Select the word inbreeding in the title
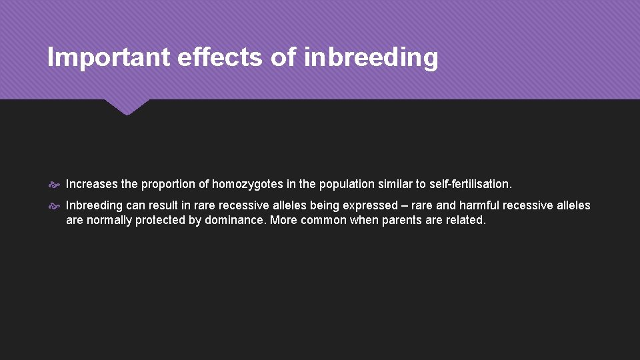click(x=371, y=58)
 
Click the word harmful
click(x=479, y=205)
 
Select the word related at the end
click(x=465, y=220)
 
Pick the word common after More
click(x=323, y=220)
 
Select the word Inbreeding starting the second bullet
click(x=94, y=205)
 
